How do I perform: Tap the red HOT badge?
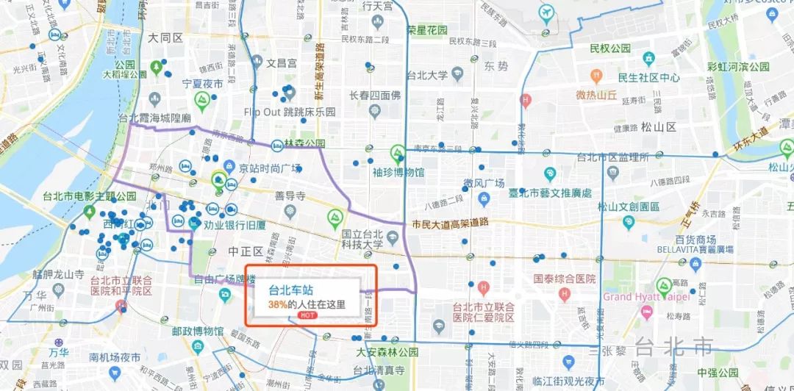coord(308,315)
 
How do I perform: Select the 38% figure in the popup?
coord(277,304)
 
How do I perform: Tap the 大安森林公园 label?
coord(387,352)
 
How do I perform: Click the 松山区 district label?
coord(658,127)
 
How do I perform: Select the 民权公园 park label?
coord(610,49)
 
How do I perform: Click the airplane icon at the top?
coord(546,12)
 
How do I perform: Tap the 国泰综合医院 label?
coord(565,279)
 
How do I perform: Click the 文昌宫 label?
coord(281,63)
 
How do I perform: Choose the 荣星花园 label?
coord(428,30)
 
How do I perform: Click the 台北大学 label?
coord(427,75)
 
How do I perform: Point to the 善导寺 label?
coord(290,195)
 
